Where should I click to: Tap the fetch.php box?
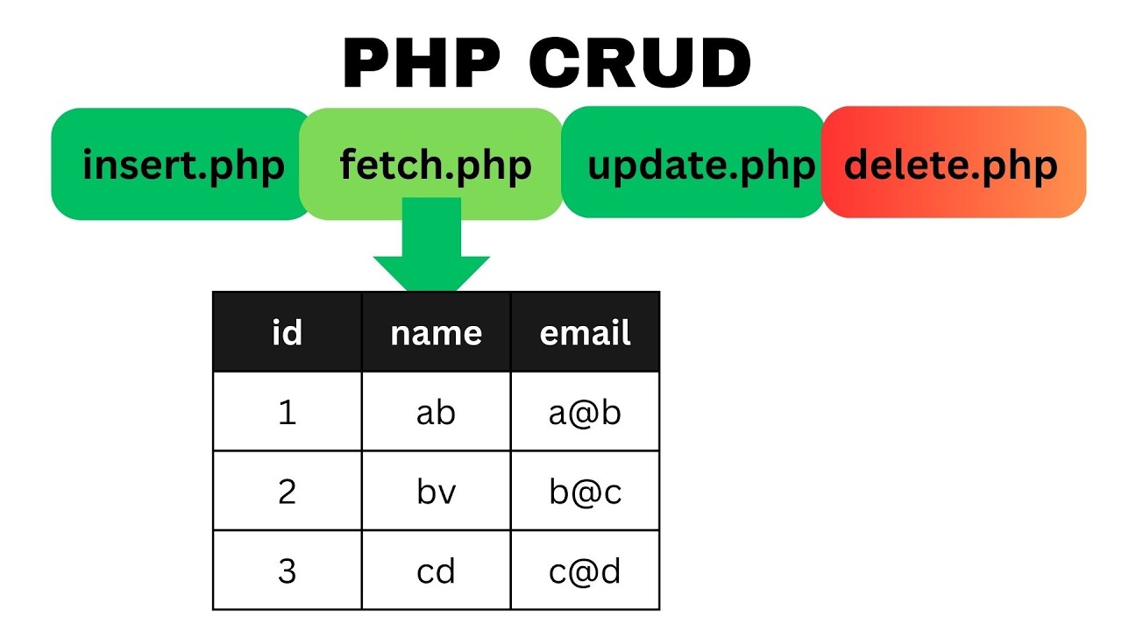tap(435, 165)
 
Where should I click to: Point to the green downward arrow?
tap(431, 250)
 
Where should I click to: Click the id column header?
tap(288, 332)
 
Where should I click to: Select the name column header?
tap(436, 332)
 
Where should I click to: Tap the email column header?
tap(585, 332)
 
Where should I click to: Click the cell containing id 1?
tap(288, 412)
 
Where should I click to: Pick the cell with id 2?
tap(288, 492)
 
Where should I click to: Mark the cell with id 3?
tap(288, 571)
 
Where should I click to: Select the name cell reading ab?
tap(436, 412)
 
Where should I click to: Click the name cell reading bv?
tap(436, 492)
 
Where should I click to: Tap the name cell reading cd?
tap(436, 571)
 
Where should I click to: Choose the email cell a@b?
tap(585, 412)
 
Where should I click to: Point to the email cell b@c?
tap(585, 492)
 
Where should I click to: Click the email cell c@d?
tap(585, 571)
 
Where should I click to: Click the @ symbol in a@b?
tap(585, 413)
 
